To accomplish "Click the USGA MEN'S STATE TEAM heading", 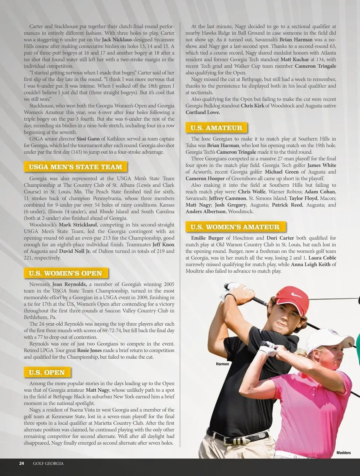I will [x=75, y=167].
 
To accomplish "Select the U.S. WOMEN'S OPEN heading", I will [x=66, y=273].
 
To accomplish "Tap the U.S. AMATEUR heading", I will [x=216, y=128].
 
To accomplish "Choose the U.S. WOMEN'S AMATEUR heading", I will [x=235, y=227].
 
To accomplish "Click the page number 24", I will [x=22, y=463].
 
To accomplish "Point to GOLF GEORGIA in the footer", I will [x=48, y=463].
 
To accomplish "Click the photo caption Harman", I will [x=222, y=364].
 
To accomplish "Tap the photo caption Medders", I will [x=343, y=453].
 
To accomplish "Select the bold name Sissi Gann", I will [x=88, y=139].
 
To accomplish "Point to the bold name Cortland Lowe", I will [x=203, y=112].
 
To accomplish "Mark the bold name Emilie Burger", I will [x=207, y=238].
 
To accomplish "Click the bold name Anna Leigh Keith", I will [x=311, y=264].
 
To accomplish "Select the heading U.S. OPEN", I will [x=47, y=372].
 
